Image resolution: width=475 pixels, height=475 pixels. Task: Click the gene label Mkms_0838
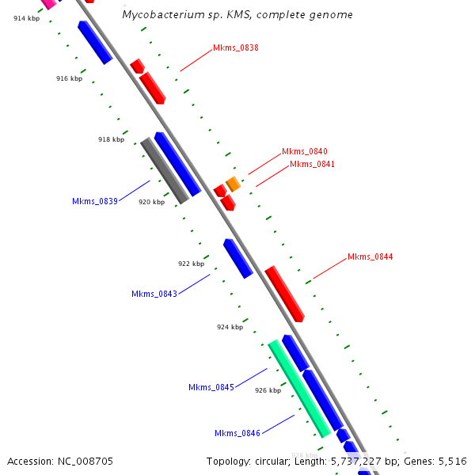(x=236, y=47)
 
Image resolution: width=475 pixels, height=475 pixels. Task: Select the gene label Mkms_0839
(x=95, y=201)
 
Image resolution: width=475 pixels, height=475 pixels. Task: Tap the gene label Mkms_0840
(x=305, y=151)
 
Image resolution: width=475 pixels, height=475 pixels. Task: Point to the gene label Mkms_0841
(x=312, y=164)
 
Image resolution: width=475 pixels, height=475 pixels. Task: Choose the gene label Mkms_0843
(x=154, y=294)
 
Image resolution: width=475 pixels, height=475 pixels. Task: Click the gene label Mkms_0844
(x=370, y=256)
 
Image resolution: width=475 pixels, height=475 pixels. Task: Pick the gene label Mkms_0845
(x=211, y=387)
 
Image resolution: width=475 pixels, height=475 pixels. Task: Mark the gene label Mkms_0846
(x=237, y=433)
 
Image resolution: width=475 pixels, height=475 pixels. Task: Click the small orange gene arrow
(x=233, y=184)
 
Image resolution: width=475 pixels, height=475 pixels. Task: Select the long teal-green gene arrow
(x=299, y=388)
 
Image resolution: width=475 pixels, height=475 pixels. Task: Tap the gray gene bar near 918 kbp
(x=165, y=170)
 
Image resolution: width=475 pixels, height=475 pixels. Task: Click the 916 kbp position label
(x=69, y=78)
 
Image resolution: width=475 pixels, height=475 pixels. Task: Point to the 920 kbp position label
(x=151, y=202)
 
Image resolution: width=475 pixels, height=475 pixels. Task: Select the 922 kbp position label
(x=191, y=264)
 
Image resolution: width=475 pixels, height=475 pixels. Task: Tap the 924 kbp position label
(x=230, y=326)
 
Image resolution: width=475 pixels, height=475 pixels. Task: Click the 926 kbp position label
(x=268, y=389)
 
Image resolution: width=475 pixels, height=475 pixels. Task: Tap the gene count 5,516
(x=452, y=461)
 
